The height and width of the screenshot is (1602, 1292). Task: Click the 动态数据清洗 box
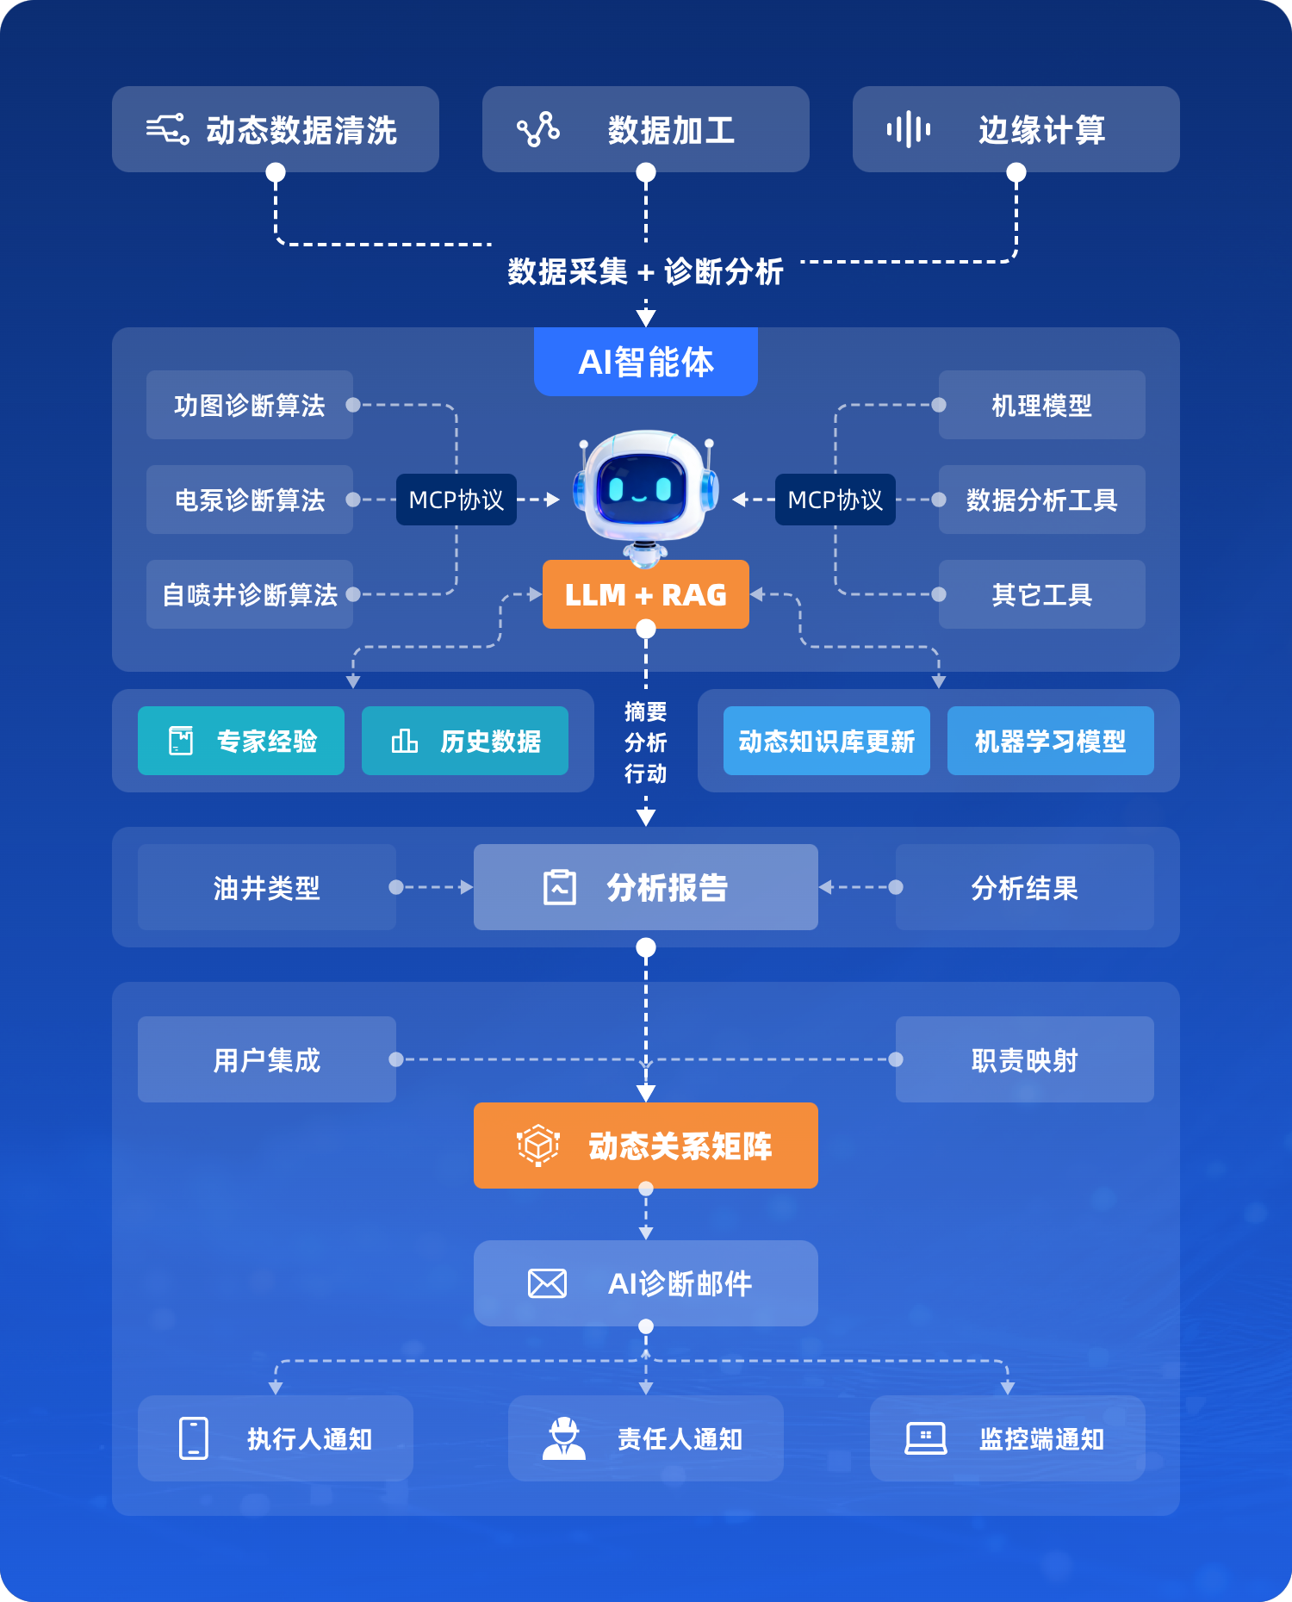click(276, 129)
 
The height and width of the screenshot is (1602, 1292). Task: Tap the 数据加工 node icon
click(538, 130)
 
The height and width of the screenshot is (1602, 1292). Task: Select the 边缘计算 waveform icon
click(909, 130)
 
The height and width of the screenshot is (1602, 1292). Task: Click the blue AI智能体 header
click(646, 362)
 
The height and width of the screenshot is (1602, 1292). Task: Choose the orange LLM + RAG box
click(646, 594)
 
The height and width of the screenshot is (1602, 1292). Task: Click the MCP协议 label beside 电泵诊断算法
click(457, 500)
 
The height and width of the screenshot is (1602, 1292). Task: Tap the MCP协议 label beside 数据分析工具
click(835, 500)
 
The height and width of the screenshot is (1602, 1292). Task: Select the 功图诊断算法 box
click(250, 405)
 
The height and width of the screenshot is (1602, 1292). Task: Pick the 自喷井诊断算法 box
click(250, 594)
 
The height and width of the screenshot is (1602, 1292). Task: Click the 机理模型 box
click(1042, 405)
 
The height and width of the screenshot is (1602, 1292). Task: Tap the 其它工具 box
click(1042, 594)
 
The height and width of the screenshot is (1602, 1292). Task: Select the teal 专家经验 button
click(241, 741)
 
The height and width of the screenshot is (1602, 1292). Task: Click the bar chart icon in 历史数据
click(405, 741)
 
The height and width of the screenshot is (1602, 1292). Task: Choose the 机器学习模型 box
click(1051, 741)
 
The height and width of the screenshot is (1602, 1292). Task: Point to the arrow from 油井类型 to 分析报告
click(435, 887)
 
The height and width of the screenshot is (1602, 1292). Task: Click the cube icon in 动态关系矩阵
click(538, 1146)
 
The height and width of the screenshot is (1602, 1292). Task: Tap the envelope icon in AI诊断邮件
click(547, 1283)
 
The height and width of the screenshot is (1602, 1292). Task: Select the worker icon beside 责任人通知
click(564, 1438)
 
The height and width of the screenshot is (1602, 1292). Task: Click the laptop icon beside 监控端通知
click(926, 1438)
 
